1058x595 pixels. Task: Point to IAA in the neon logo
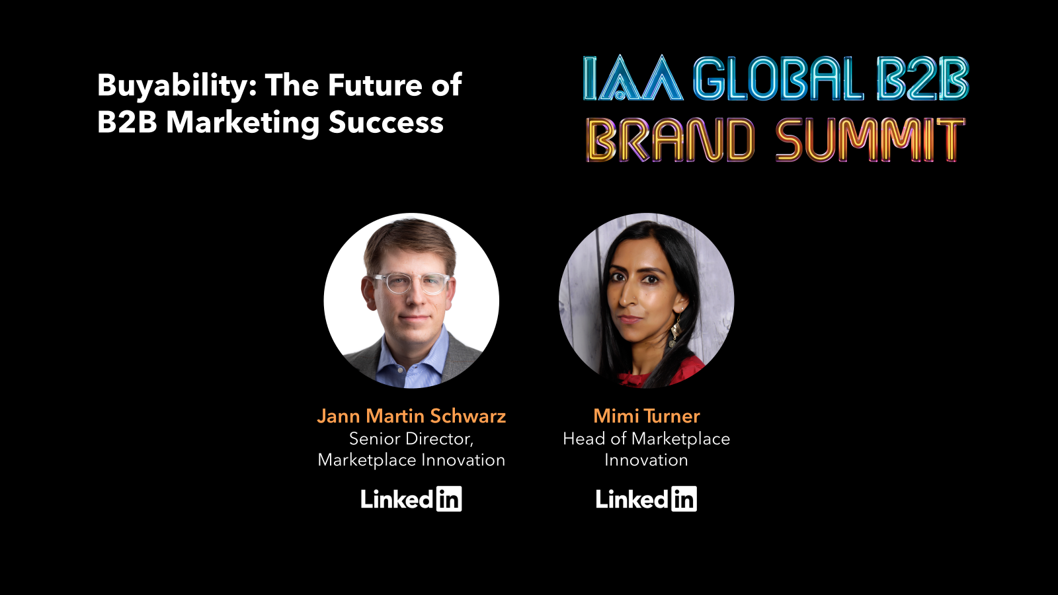632,79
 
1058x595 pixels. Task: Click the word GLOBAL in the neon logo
778,79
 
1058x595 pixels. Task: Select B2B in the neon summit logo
922,79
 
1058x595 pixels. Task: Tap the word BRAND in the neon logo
670,140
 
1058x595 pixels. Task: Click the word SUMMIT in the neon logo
870,140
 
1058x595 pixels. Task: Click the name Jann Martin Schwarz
411,416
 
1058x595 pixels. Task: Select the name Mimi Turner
646,416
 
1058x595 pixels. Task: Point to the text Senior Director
411,438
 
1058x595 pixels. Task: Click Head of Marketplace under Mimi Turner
646,438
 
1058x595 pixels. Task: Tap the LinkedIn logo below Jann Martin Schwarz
411,499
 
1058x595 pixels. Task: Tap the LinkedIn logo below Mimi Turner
646,499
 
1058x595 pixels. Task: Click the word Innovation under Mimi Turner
646,460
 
